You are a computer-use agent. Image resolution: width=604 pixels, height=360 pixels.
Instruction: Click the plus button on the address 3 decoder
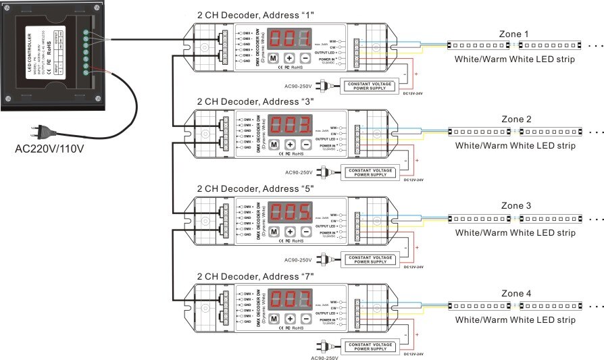[290, 145]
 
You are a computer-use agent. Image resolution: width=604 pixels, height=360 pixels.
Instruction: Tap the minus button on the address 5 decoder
[305, 231]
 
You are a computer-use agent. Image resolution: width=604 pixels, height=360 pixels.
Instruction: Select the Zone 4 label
[516, 294]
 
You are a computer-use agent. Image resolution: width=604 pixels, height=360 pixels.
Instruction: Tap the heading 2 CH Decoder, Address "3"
[255, 101]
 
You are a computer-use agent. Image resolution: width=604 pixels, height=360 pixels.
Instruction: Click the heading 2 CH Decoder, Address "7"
[255, 276]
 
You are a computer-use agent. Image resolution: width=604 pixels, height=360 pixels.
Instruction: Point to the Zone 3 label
[516, 206]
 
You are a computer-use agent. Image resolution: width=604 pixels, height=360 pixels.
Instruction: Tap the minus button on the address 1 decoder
[305, 58]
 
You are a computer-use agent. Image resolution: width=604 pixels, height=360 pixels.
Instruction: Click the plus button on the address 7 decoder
[290, 317]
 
